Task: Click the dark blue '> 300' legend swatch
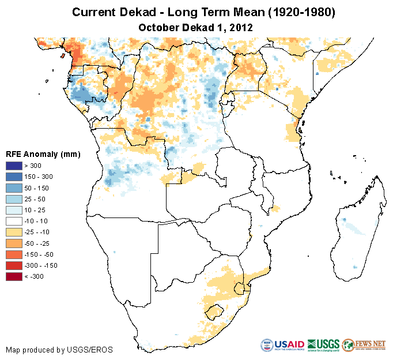[14, 166]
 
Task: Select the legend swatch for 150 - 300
[14, 177]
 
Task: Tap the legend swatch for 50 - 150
[14, 188]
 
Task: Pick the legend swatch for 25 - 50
[14, 199]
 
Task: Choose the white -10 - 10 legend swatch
[14, 221]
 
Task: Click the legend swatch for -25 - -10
[14, 232]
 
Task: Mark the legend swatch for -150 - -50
[14, 254]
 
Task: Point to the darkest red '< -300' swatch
[14, 276]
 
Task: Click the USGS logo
[323, 345]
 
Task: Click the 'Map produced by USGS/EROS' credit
[59, 350]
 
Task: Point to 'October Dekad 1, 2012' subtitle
[196, 27]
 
